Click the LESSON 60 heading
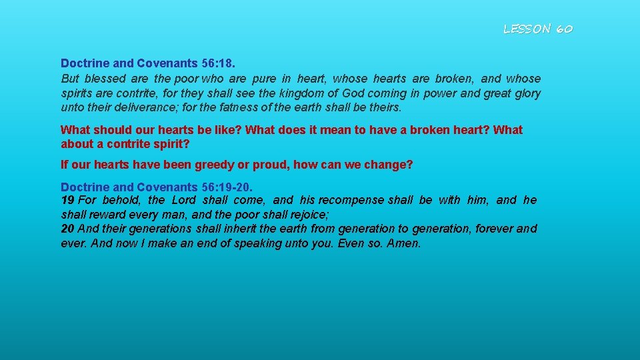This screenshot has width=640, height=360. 537,29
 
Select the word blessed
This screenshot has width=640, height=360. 101,79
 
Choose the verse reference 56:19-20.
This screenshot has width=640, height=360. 227,187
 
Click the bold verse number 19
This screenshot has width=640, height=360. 67,200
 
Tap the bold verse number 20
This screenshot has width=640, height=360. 67,229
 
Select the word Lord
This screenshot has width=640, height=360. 185,200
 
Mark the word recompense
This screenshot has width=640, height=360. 351,200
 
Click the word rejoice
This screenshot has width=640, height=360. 303,215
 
